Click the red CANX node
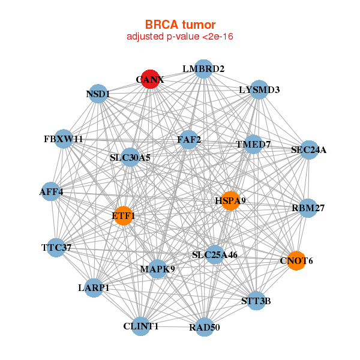tap(150, 79)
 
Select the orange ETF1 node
tap(123, 215)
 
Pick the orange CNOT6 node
tap(296, 260)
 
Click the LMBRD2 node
tap(203, 69)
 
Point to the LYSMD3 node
tap(259, 90)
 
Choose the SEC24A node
tap(308, 150)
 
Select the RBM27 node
tap(308, 208)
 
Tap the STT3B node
tap(256, 301)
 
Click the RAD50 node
tap(204, 327)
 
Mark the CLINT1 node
tap(141, 326)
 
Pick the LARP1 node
tap(94, 288)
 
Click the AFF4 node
tap(51, 192)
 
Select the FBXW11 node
tap(63, 139)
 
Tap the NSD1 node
tap(98, 94)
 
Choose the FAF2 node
tap(189, 140)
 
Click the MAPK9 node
tap(157, 268)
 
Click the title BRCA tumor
tap(180, 25)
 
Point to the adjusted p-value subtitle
tap(180, 37)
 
